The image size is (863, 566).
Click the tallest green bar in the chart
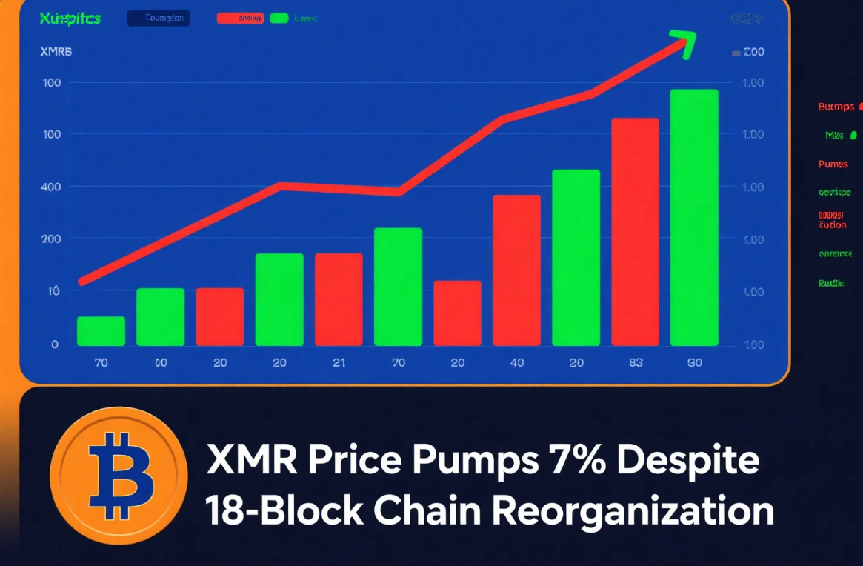point(694,218)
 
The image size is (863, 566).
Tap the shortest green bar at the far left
point(101,331)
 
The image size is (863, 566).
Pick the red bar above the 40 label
point(516,270)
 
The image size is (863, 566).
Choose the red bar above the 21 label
point(339,299)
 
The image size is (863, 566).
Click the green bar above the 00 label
point(160,317)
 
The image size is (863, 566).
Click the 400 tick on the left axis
point(50,187)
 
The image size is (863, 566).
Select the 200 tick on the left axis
point(50,239)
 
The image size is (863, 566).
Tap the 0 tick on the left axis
point(55,344)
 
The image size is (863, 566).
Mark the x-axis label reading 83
point(635,363)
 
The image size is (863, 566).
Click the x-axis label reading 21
point(339,363)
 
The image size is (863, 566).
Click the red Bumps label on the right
point(836,107)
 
